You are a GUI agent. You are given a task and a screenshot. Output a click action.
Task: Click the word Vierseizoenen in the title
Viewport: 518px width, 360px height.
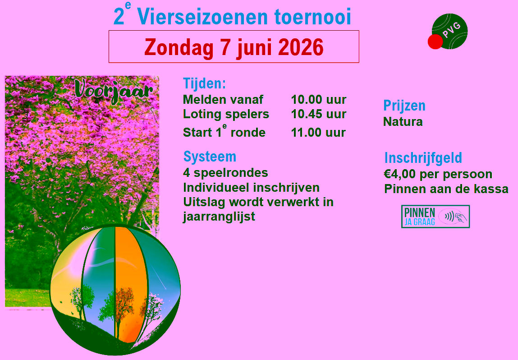point(202,17)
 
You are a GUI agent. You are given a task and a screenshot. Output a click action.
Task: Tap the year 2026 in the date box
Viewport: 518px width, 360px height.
point(301,47)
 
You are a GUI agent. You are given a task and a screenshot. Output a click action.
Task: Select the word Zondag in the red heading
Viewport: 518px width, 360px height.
point(179,48)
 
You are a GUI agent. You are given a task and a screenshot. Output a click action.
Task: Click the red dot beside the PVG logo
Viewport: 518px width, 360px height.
point(435,42)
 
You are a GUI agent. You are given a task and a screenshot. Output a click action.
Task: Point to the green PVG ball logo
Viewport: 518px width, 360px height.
point(450,31)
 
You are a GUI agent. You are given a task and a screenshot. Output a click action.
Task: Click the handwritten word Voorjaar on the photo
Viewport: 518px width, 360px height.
point(113,91)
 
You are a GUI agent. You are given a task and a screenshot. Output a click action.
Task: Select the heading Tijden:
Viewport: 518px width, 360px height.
point(205,83)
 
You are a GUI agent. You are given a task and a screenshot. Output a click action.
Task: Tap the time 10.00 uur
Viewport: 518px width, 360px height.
point(318,100)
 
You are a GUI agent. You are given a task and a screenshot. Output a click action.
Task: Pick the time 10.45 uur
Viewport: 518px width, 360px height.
point(318,114)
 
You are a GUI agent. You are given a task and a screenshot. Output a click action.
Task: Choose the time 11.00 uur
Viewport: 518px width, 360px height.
point(318,133)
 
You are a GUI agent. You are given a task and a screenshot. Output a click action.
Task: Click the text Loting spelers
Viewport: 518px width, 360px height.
point(226,115)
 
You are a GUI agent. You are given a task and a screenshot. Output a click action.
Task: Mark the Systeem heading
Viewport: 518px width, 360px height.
point(210,157)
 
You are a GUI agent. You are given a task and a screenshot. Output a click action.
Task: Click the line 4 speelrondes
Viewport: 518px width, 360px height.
point(225,173)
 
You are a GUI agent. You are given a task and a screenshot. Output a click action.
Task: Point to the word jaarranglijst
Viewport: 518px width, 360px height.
point(219,217)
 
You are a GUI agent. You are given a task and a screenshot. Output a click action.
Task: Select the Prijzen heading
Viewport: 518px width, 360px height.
point(404,106)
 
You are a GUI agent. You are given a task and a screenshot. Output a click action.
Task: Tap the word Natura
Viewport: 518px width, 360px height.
point(403,122)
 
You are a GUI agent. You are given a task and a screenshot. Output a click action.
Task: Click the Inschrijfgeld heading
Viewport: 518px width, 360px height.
point(423,158)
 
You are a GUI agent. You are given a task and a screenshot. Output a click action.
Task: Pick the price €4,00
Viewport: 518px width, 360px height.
point(400,174)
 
